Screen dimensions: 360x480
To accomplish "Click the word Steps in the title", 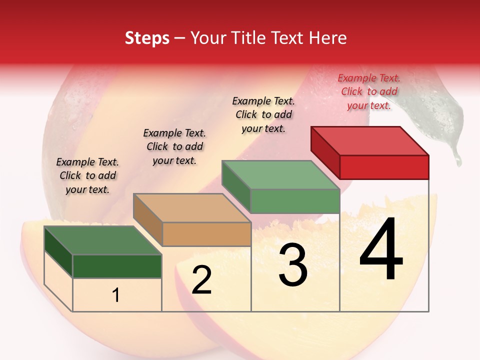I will click(x=147, y=38).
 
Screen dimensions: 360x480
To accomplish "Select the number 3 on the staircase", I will click(x=293, y=264).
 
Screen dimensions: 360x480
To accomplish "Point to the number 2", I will click(x=201, y=280).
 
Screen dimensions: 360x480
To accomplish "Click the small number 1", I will click(x=116, y=295).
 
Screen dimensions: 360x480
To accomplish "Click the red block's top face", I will click(x=370, y=140).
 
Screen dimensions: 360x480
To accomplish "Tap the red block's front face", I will click(x=384, y=167).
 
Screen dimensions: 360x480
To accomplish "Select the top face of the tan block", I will click(x=192, y=207).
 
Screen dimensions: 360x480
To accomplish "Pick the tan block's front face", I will click(x=206, y=234).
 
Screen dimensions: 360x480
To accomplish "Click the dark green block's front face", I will click(x=117, y=266).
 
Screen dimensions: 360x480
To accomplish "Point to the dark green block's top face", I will click(x=103, y=240).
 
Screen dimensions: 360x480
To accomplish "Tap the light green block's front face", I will click(x=295, y=201).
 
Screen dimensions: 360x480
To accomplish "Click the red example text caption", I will click(x=369, y=91).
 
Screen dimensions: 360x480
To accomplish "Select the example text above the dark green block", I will click(x=87, y=175).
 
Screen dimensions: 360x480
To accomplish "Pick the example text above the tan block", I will click(x=174, y=146).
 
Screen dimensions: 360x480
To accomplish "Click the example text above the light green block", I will click(x=263, y=114).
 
